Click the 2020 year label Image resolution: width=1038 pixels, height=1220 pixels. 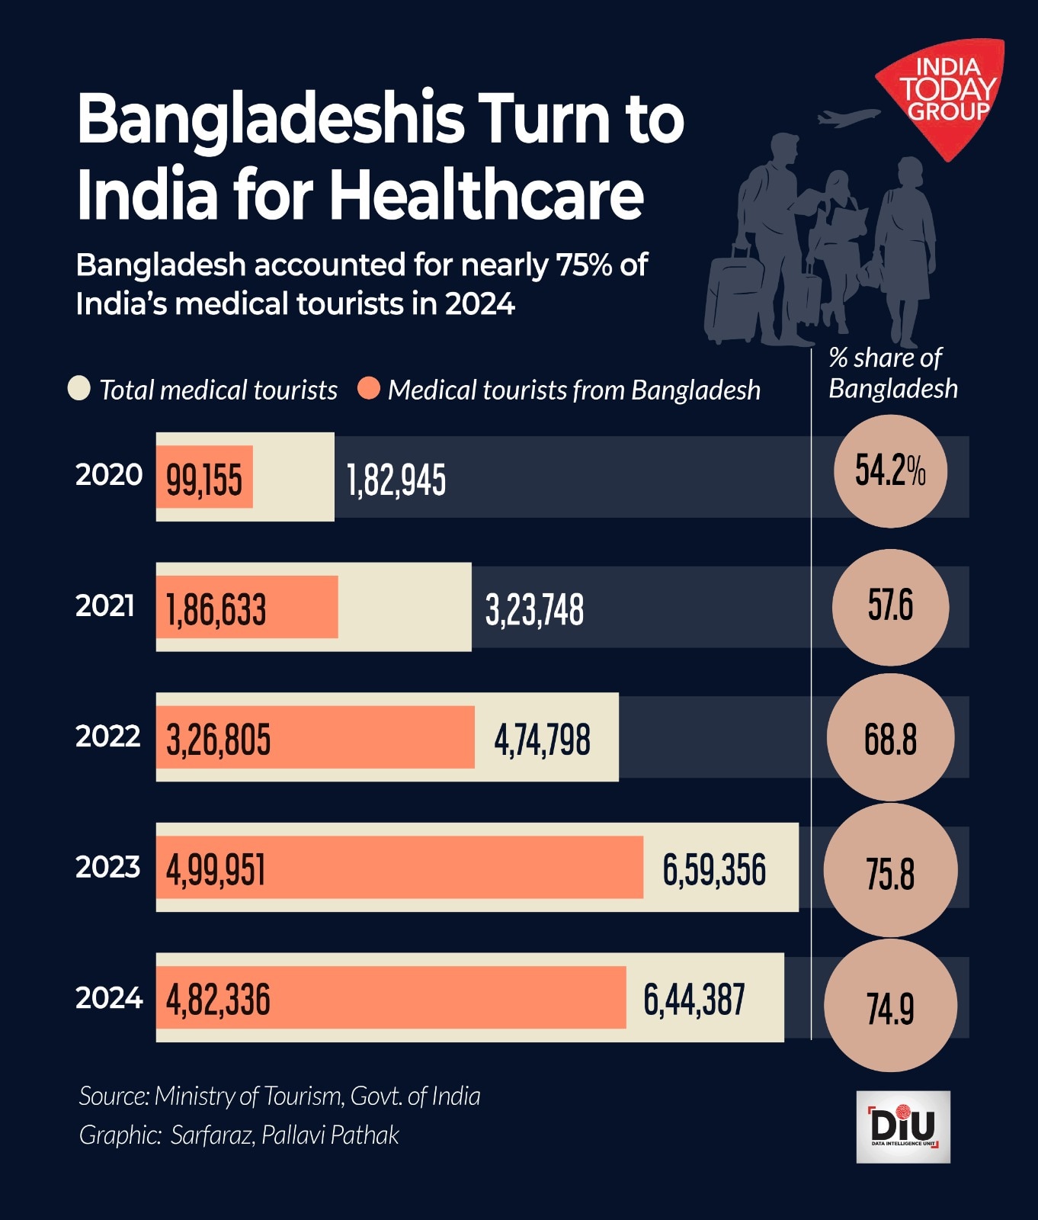click(108, 475)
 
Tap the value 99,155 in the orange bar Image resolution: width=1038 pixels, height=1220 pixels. click(204, 480)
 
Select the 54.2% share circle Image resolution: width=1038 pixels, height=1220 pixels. click(890, 471)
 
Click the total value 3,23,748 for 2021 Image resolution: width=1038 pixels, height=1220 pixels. click(534, 610)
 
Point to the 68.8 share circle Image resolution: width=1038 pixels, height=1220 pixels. click(890, 738)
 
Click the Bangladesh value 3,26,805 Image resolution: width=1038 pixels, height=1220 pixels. click(218, 740)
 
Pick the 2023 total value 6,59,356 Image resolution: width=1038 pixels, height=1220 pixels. click(714, 870)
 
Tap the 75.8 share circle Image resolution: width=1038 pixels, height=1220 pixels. click(890, 872)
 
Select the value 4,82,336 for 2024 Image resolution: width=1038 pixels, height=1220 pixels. click(218, 1000)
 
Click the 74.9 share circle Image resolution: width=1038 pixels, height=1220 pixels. click(890, 1006)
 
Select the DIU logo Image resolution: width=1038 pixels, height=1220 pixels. click(903, 1126)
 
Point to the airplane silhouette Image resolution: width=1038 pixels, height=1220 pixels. click(847, 117)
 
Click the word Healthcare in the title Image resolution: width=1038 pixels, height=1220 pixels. click(486, 195)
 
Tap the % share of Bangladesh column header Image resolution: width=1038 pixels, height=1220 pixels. click(892, 373)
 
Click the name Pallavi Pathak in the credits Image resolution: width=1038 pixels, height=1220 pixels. click(330, 1135)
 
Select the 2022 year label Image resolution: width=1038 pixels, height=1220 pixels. click(108, 737)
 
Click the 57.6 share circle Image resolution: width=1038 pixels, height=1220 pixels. click(890, 607)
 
